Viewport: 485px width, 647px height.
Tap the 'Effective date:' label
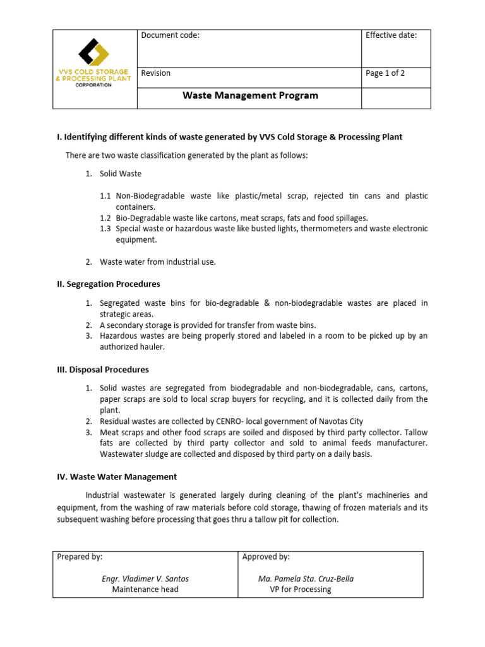point(391,35)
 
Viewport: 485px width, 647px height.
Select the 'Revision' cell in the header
point(156,73)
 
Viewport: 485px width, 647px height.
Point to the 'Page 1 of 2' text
point(385,73)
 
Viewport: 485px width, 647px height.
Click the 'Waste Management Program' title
point(250,96)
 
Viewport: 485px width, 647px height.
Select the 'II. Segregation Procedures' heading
point(109,284)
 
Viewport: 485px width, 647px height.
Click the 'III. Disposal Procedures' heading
point(103,369)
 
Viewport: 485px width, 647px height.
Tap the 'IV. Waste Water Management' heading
point(117,476)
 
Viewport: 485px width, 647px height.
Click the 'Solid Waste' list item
point(121,174)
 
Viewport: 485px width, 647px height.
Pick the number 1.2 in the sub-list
point(105,218)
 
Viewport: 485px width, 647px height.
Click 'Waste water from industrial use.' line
point(158,262)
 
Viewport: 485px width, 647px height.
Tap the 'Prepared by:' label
point(80,557)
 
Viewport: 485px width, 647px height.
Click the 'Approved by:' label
point(266,557)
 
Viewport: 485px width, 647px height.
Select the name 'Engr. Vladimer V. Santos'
point(145,579)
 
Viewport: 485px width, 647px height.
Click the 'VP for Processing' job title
point(301,590)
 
